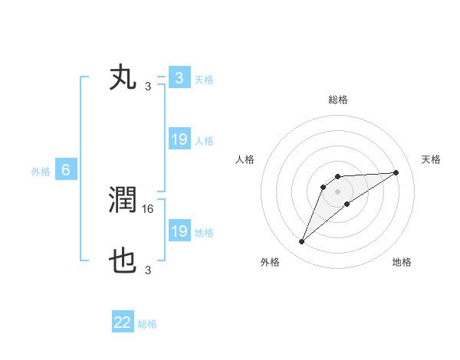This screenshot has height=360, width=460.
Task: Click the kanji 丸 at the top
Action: coord(123,78)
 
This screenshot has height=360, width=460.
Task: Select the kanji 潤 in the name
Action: coord(123,201)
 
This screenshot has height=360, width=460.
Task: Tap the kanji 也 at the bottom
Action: coord(123,263)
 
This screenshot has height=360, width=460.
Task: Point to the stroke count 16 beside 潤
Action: coord(149,208)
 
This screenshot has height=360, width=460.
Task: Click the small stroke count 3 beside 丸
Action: coord(147,86)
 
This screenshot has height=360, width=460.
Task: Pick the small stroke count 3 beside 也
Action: coord(147,270)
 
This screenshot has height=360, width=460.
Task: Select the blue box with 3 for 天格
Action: coord(179,78)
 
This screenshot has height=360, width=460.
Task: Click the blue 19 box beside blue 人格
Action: coord(179,139)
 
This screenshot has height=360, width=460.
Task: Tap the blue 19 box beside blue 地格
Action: coord(179,231)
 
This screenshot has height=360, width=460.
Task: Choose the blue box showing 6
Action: coord(66,170)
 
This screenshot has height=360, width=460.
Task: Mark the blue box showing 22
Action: coord(123,322)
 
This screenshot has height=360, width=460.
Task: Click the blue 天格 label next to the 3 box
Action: coord(204,79)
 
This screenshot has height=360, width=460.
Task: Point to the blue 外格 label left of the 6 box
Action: coord(41,171)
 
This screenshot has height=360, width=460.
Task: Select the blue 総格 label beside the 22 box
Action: coord(147,323)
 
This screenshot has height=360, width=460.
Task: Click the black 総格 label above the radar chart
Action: coord(337,100)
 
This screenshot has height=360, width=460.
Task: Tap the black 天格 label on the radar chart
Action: coord(431,159)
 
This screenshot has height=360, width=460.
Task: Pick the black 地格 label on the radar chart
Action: coord(402,262)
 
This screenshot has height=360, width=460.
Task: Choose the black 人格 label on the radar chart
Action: coord(245,159)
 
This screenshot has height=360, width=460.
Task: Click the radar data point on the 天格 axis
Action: coord(396,172)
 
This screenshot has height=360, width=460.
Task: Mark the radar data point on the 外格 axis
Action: coord(302,242)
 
